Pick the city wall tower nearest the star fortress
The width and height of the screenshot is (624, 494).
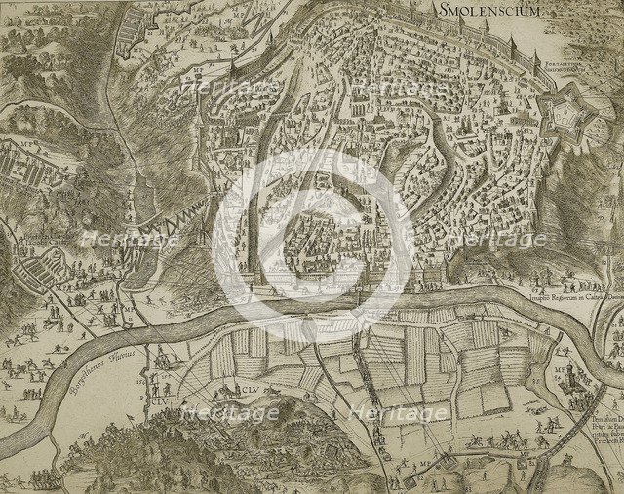534,62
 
